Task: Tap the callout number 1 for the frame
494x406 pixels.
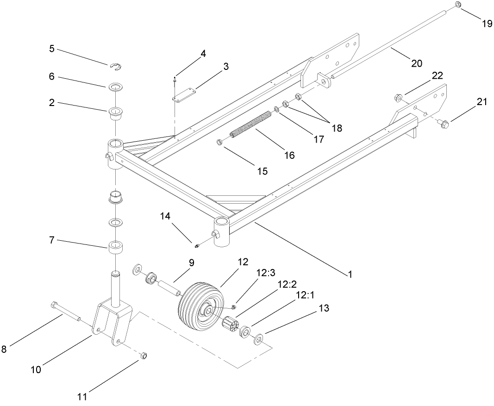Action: (350, 274)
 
